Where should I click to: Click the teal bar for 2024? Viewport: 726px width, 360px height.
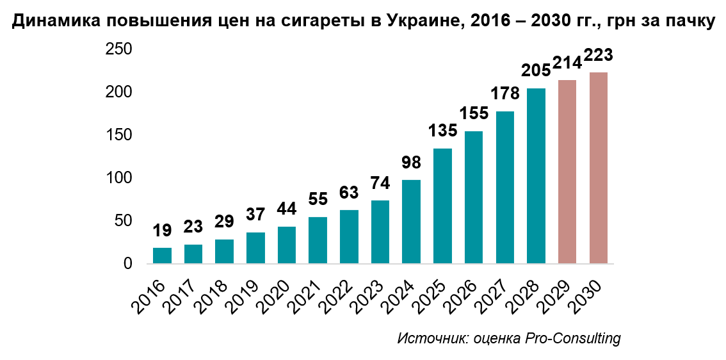coord(411,222)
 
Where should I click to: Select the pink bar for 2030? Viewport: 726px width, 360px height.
coord(598,168)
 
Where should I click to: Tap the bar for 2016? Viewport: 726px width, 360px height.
coord(162,256)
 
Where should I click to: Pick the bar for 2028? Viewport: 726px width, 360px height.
coord(536,176)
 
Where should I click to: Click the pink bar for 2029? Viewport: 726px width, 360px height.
coord(567,172)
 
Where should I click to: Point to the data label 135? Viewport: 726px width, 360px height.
coord(442,131)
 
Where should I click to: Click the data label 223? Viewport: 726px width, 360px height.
coord(598,56)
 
